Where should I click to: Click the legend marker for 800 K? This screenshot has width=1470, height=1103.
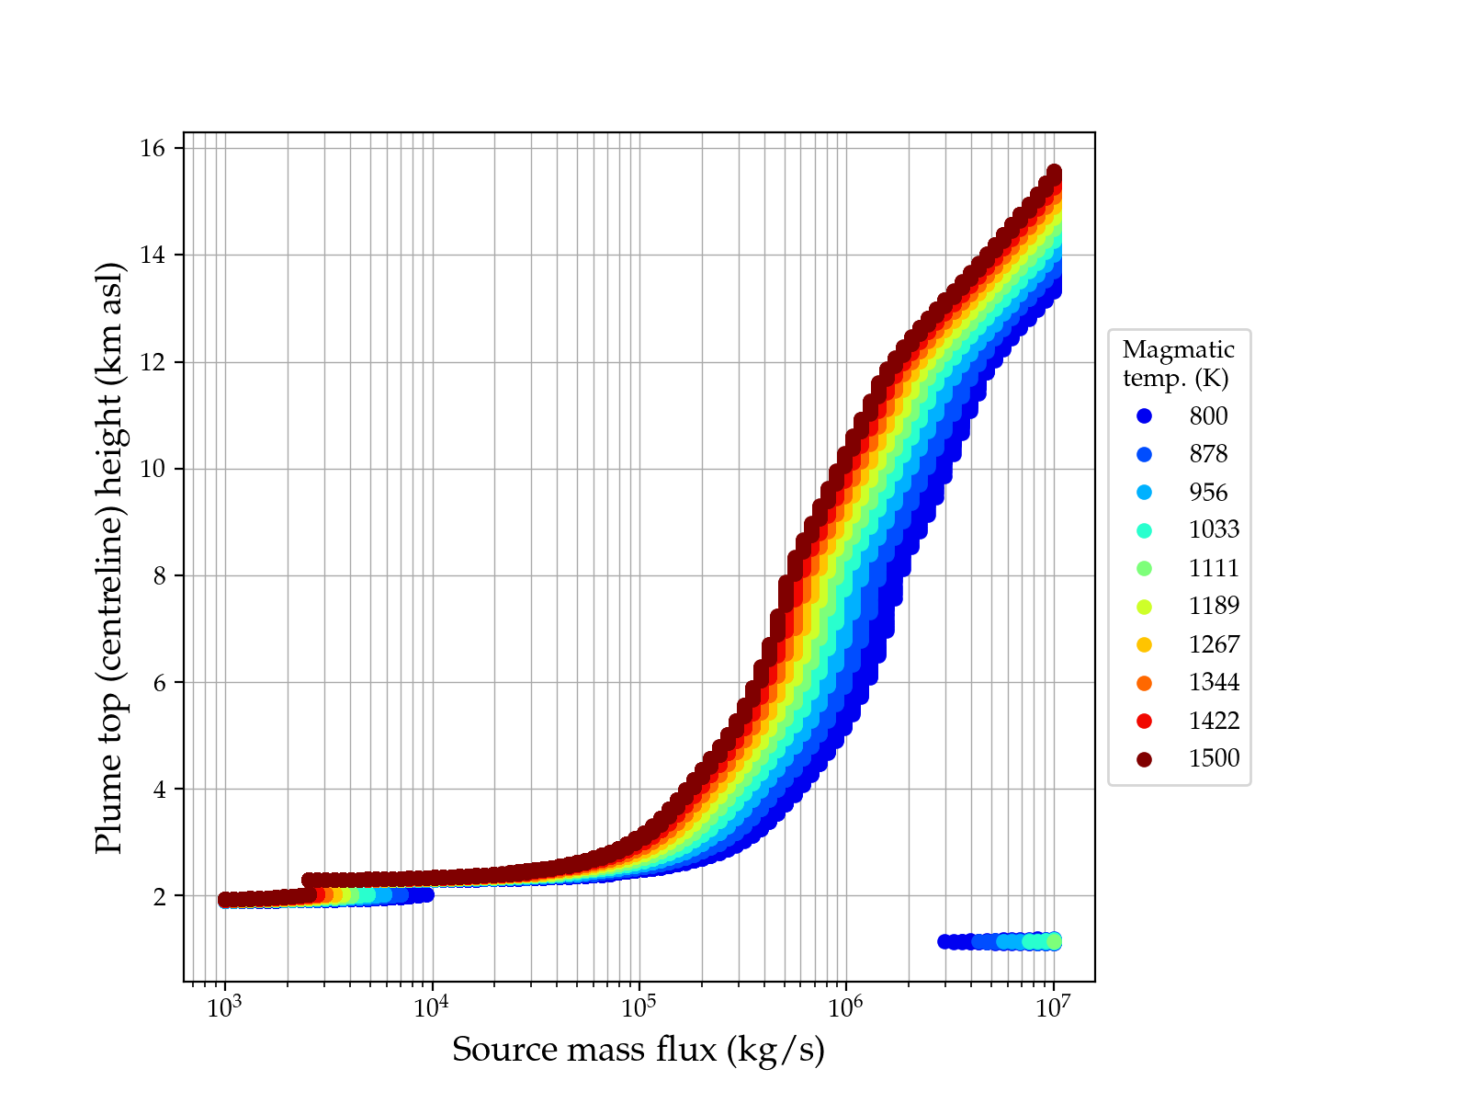tap(1144, 416)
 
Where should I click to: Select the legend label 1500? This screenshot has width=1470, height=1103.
tap(1214, 758)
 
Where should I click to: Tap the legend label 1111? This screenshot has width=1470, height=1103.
tap(1214, 568)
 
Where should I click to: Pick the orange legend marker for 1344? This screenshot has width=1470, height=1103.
tap(1144, 683)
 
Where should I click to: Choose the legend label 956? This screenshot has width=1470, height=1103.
tap(1208, 493)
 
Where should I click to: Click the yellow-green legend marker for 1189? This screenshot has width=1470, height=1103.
tap(1144, 607)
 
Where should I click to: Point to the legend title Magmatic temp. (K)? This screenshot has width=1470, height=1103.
tap(1179, 363)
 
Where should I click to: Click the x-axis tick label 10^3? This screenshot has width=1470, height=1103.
tap(224, 1007)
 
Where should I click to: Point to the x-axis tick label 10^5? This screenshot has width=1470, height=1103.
tap(639, 1007)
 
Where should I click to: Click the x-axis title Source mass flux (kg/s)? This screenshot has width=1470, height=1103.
tap(639, 1050)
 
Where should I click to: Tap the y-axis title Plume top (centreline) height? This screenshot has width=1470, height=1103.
tap(109, 557)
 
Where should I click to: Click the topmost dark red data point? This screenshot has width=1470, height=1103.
tap(1054, 172)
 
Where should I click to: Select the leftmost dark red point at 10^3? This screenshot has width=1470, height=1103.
tap(225, 899)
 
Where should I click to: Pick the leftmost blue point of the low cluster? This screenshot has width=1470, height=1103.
tap(944, 941)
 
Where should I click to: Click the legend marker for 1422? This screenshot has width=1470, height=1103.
tap(1144, 722)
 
